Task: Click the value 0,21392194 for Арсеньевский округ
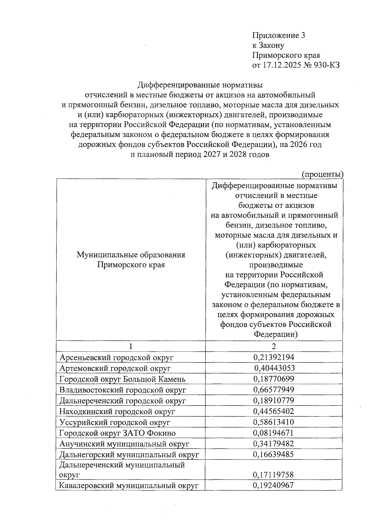point(274,357)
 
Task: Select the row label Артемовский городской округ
point(115,368)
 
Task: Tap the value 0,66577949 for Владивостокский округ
point(274,390)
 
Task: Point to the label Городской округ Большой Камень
point(122,379)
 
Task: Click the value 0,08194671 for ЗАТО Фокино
point(274,433)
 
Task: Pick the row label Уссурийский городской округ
point(115,422)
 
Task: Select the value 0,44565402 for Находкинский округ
point(274,411)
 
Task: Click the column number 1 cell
point(131,346)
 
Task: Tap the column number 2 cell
point(274,346)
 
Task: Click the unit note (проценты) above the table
point(322,174)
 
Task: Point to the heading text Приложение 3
point(278,35)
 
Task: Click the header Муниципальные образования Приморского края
point(131,260)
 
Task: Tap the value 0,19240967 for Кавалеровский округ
point(274,485)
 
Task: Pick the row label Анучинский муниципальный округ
point(124,444)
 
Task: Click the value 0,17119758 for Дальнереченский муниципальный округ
point(274,475)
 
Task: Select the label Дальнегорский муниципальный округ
point(129,455)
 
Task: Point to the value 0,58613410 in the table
point(274,422)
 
